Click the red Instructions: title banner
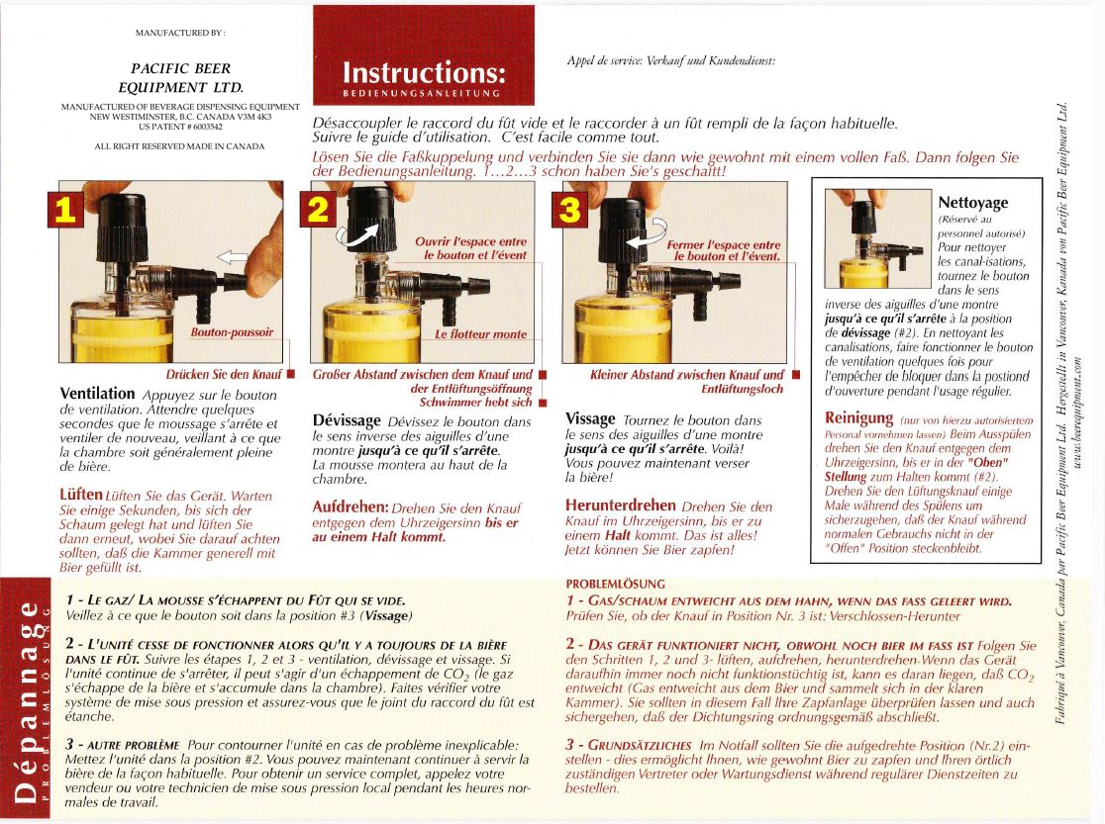(x=423, y=73)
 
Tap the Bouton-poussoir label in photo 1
(x=232, y=332)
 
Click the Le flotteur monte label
(x=481, y=334)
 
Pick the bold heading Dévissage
(x=348, y=419)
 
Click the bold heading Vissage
(x=590, y=418)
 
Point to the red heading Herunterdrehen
(x=621, y=504)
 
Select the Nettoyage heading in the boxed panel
(x=972, y=203)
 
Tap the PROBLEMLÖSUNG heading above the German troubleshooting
(x=615, y=584)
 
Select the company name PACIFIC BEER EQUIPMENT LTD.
(x=180, y=77)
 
